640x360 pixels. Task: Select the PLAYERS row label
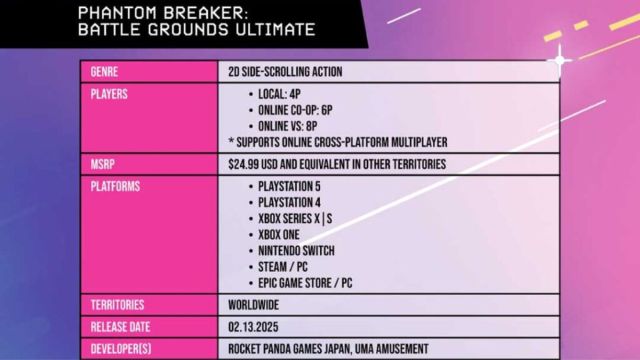click(x=107, y=93)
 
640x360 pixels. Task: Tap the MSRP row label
click(x=100, y=164)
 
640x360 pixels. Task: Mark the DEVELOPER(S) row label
click(x=120, y=347)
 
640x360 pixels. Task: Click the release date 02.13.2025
click(x=255, y=327)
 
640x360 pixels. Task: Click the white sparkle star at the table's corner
click(x=561, y=59)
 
